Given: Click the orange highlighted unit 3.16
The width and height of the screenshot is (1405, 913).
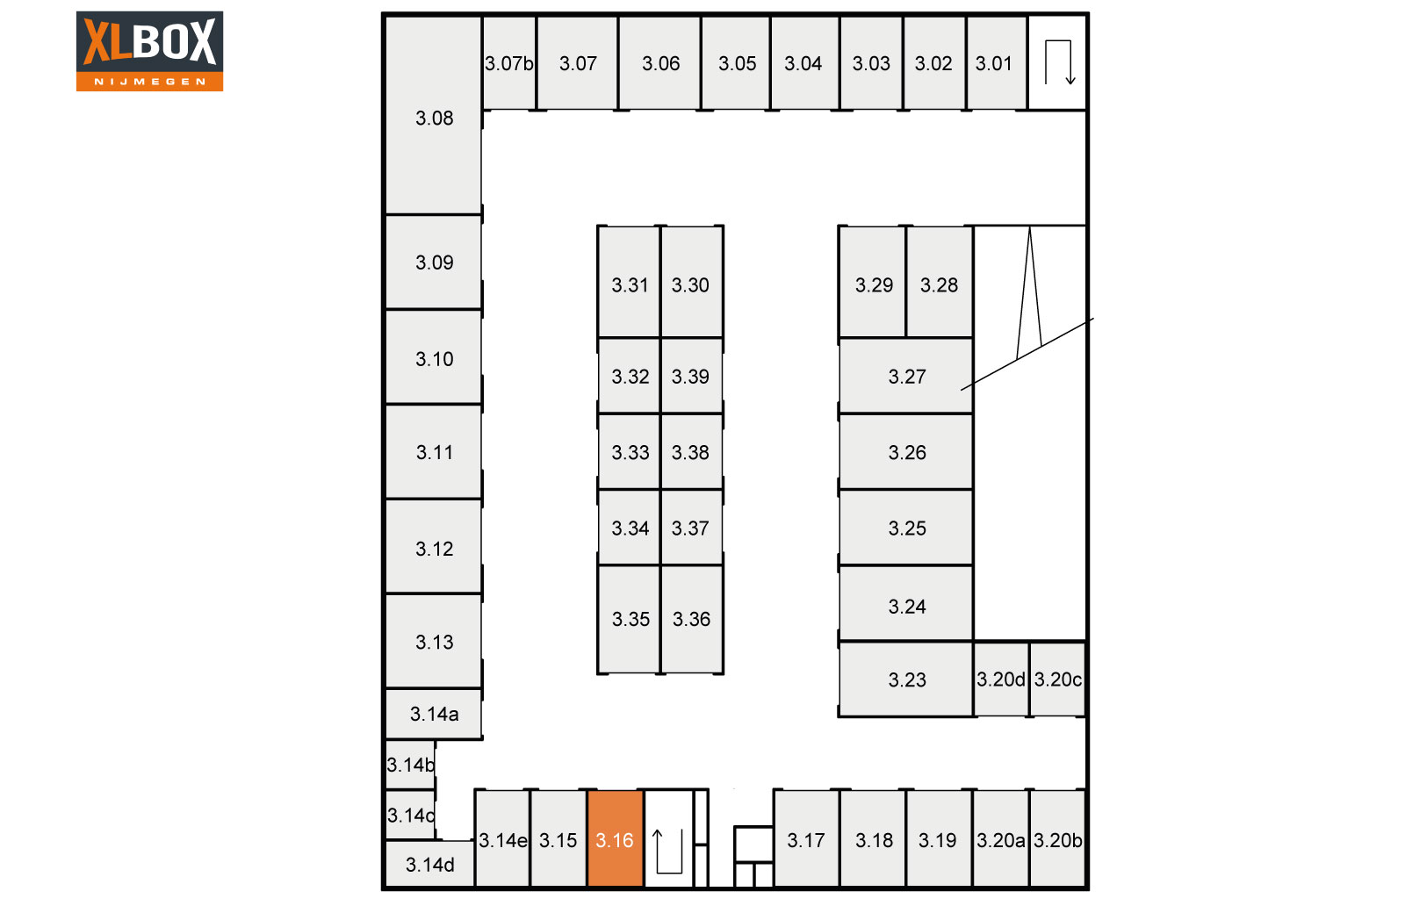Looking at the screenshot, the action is coord(615,839).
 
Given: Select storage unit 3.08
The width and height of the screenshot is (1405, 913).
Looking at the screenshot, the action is coord(434,115).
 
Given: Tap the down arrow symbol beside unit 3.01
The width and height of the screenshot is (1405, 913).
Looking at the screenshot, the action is coord(1059,62).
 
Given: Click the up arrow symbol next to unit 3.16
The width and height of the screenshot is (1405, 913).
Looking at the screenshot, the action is coord(667,851).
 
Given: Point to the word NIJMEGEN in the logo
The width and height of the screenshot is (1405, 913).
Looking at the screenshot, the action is coord(149,82).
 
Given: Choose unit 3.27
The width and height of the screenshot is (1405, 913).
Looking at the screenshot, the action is coord(906,377).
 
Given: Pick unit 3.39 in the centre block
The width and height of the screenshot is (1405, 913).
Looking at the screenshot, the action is coord(691,377).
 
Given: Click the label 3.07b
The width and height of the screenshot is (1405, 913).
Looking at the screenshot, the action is coord(508,63).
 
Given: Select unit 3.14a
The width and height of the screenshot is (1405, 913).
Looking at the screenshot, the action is coord(434,714).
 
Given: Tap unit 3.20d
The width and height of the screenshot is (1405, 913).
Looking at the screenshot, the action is coord(1001,679).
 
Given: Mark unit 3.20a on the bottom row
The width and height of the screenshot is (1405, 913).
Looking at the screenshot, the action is coord(1000,839).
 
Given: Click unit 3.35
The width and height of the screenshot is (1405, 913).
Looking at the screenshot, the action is coord(629,619).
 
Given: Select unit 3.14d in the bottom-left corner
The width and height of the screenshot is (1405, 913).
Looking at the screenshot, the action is coord(429,864).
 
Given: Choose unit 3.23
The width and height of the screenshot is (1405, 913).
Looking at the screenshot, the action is coord(906,679).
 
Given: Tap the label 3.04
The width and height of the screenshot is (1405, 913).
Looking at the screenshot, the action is coord(803,63).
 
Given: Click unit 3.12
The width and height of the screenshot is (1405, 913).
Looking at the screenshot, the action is coord(434,547).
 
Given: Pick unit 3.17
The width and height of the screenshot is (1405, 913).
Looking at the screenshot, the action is coord(807,839).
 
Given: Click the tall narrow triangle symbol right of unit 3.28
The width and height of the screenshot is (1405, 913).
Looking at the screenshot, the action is coord(1029,293).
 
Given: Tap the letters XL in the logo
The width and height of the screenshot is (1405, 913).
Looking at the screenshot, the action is coord(107,41).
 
